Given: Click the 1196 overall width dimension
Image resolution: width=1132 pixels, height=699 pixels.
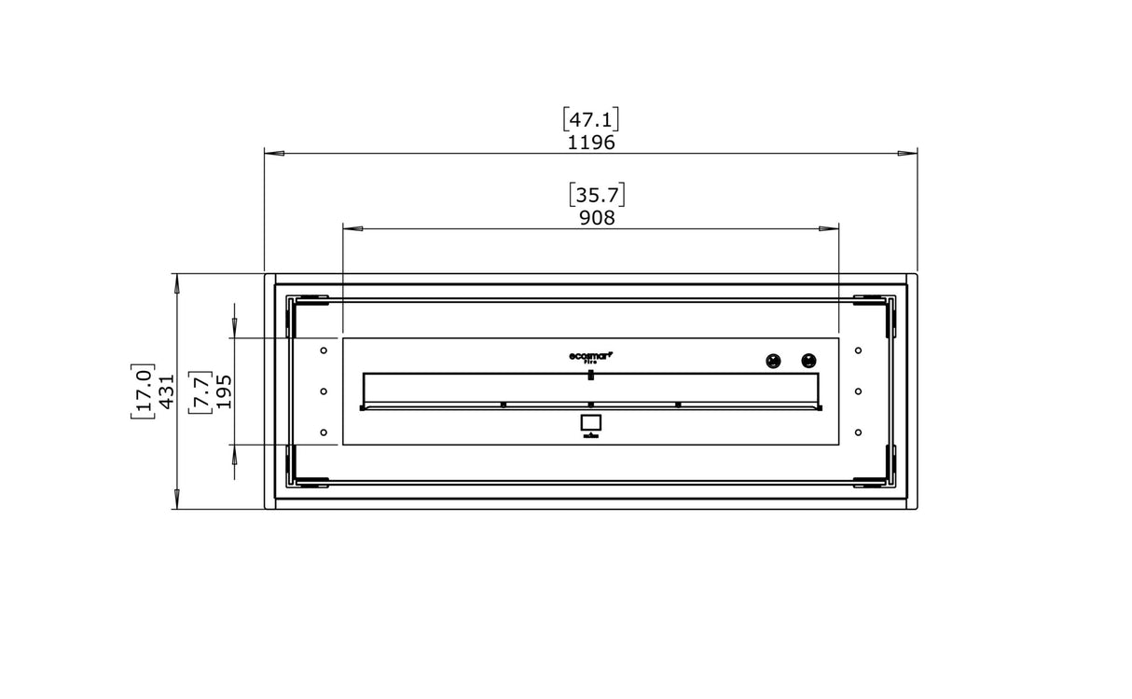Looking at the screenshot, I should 591,143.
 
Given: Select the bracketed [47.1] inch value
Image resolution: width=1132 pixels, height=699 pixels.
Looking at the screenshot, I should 591,119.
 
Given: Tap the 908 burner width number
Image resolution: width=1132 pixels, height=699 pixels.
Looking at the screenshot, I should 597,218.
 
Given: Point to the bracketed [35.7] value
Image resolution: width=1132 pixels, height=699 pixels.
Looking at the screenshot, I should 597,195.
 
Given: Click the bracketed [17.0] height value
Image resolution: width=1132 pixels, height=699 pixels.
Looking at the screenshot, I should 143,391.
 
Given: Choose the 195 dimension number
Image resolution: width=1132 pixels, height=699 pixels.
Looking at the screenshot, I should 224,391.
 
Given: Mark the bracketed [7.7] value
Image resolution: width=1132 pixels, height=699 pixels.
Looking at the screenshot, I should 199,391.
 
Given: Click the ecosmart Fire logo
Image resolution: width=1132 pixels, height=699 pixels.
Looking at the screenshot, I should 590,356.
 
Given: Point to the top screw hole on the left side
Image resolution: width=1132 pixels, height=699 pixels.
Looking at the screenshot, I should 324,350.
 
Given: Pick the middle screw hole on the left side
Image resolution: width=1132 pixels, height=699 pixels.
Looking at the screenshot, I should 324,391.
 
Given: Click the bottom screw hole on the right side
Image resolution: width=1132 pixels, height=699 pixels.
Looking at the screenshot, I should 858,432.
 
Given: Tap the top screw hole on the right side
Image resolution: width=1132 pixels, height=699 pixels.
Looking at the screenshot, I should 858,350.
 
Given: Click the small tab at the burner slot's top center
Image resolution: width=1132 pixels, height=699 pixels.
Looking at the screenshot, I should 590,375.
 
